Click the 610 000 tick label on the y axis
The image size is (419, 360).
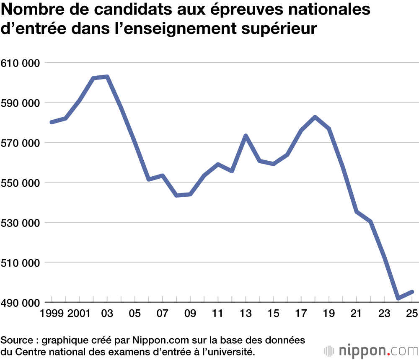[x=21, y=63]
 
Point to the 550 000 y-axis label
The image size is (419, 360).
[x=21, y=183]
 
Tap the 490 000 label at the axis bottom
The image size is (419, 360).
[x=21, y=303]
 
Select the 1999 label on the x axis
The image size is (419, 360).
[x=52, y=313]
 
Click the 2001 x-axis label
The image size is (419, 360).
[x=79, y=313]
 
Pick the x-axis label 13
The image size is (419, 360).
[x=246, y=313]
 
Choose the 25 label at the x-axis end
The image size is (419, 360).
[x=412, y=313]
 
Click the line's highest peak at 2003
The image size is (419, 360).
[x=107, y=77]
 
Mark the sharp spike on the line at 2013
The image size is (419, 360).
[x=246, y=136]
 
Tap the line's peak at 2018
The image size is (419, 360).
[x=315, y=117]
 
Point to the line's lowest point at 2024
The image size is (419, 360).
[x=398, y=298]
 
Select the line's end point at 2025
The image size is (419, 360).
[x=412, y=292]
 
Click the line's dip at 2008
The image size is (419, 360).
[x=176, y=195]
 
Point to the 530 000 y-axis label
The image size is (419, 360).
[x=21, y=223]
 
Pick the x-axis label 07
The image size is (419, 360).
[x=163, y=313]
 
